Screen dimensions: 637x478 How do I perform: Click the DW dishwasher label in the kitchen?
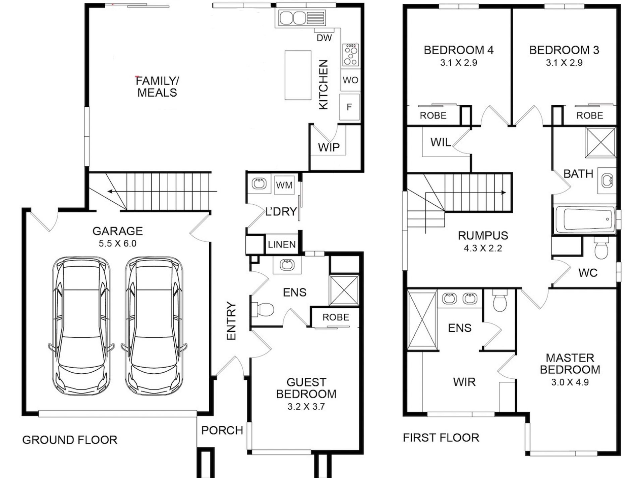click(324, 38)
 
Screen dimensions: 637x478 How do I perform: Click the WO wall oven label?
click(350, 80)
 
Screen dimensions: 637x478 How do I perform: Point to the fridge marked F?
click(349, 107)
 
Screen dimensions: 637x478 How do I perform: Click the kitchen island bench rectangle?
click(298, 75)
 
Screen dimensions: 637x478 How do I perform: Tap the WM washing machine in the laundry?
click(284, 185)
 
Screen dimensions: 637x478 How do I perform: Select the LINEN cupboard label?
click(282, 245)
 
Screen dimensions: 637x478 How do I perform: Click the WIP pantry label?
click(329, 147)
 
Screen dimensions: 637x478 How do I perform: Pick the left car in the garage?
click(81, 325)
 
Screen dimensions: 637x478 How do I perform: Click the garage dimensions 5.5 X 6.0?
click(118, 244)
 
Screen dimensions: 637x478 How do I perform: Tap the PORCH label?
click(222, 430)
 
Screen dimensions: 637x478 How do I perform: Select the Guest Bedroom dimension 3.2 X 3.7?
click(306, 407)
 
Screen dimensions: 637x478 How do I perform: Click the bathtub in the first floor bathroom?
click(585, 219)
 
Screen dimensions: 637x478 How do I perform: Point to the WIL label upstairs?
click(441, 142)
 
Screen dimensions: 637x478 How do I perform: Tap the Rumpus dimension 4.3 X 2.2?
click(483, 248)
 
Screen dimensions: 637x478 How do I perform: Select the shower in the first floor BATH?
click(601, 142)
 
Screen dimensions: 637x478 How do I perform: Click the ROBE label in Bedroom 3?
click(590, 116)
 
